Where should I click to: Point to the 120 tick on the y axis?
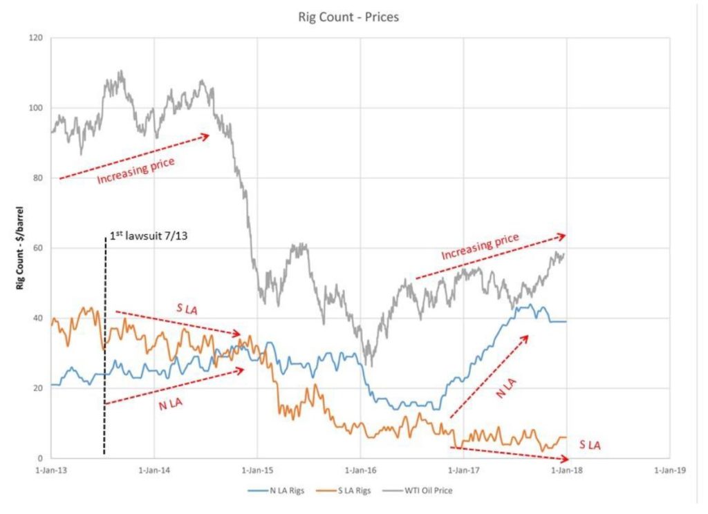pos(37,38)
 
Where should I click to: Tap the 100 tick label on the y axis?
pos(37,108)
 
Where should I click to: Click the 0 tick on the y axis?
pos(41,458)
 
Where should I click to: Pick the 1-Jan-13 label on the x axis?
pos(51,471)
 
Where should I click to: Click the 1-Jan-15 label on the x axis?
pos(257,471)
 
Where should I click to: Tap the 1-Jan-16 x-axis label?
pos(360,471)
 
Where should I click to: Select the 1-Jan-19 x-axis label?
pos(669,471)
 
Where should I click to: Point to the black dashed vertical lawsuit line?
pos(104,345)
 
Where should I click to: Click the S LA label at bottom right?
pos(589,446)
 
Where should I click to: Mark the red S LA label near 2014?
pos(185,308)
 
